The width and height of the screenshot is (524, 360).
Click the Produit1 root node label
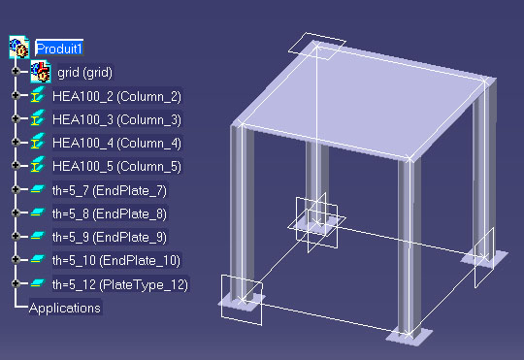coord(59,49)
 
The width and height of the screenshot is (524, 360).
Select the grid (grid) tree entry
coord(84,73)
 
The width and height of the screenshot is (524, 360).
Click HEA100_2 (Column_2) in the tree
coord(116,97)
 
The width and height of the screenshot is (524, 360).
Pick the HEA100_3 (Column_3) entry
coord(116,120)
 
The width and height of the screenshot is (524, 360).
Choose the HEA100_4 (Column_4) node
coord(116,144)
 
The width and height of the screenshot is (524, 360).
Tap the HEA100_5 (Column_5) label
coord(116,167)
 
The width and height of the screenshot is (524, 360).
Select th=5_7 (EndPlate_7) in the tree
coord(110,190)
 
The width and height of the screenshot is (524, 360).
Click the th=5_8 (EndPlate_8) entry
coord(110,213)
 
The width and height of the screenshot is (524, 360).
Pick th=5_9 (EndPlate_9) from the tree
coord(110,238)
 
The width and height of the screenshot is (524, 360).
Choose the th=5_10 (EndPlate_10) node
coord(116,260)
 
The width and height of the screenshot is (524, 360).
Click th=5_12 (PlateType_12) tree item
coord(120,284)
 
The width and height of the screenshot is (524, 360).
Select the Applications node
coord(65,308)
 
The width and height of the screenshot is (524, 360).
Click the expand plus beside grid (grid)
coord(16,71)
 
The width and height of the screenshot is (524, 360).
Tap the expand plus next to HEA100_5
coord(16,165)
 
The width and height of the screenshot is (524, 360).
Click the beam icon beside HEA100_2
coord(38,94)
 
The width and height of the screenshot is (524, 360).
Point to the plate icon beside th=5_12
coord(38,282)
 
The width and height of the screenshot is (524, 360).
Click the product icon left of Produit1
coord(19,47)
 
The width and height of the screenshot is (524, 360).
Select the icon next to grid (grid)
coord(41,72)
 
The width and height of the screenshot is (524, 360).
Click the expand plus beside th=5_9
coord(16,236)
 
